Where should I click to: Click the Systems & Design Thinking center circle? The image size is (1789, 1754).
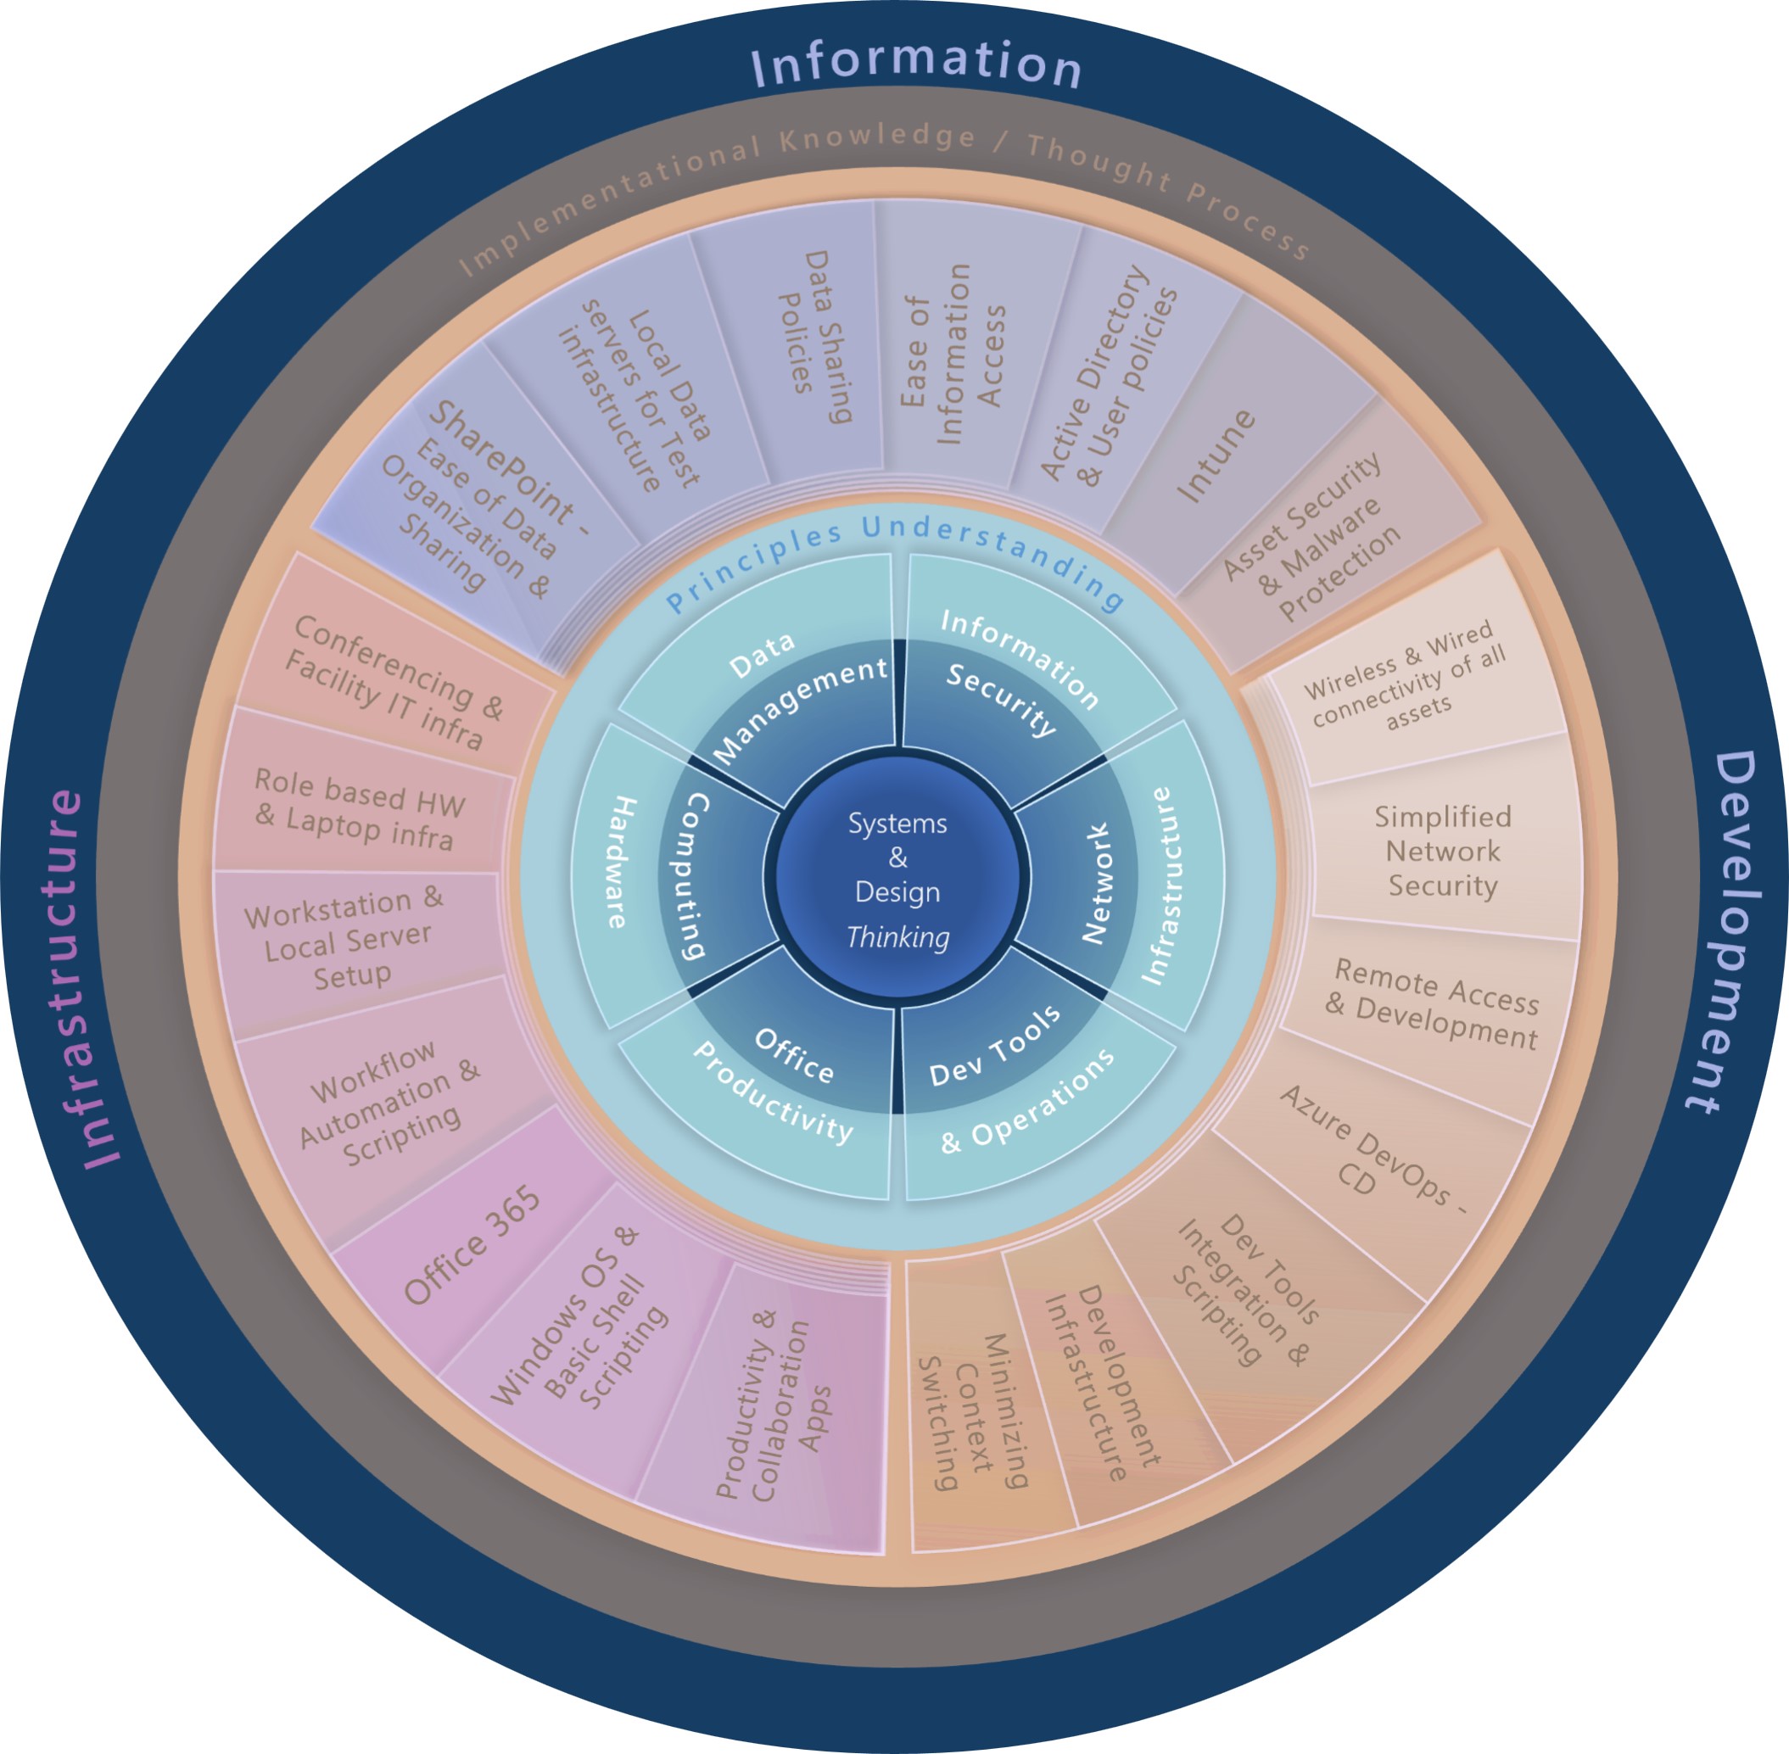click(897, 878)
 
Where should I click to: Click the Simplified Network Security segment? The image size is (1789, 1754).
click(1443, 851)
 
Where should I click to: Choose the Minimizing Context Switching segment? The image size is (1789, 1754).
click(976, 1410)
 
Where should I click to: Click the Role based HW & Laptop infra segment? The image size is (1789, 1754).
click(360, 808)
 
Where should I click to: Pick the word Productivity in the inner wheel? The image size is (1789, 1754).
click(772, 1093)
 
